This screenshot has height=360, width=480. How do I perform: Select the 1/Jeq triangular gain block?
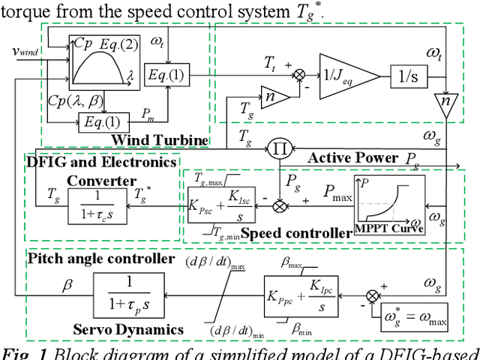(347, 74)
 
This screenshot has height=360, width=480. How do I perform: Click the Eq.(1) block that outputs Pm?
(100, 121)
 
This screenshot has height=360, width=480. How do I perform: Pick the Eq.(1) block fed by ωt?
(168, 75)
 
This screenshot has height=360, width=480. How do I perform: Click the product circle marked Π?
(280, 148)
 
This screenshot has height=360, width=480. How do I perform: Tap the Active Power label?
(352, 157)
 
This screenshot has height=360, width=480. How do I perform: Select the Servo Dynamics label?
(128, 329)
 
